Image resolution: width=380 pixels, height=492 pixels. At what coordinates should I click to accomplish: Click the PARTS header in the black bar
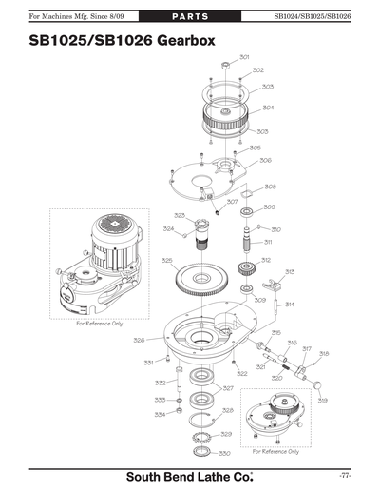pos(190,16)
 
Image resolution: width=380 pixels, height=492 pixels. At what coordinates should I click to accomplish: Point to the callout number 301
pos(244,58)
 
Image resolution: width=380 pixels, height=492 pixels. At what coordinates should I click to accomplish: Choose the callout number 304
pos(269,108)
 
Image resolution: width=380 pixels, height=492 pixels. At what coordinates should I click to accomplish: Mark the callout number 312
pos(267,259)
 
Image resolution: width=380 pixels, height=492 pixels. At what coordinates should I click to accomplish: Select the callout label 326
pos(139,339)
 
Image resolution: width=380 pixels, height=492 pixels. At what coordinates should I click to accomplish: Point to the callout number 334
pos(161,414)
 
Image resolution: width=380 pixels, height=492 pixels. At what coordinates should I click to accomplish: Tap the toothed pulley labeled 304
pos(227,109)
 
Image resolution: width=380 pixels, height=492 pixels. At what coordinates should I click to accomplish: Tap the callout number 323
pos(180,216)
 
